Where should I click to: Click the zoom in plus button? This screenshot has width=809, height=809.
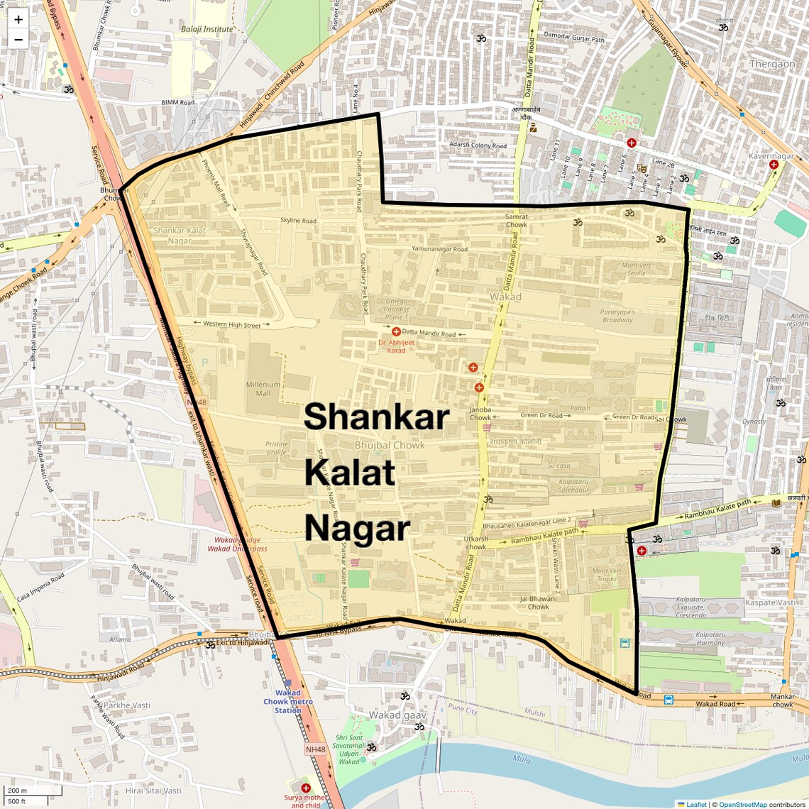pos(18,20)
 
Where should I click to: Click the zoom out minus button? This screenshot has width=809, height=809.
pos(18,40)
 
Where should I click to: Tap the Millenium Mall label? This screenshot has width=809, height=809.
pos(263,389)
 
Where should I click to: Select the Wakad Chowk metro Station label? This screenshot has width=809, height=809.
pos(287,701)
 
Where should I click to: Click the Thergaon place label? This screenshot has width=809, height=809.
pos(772,64)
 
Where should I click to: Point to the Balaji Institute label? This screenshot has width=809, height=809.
pos(207,29)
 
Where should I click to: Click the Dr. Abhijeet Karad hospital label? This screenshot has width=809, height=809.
pos(396,346)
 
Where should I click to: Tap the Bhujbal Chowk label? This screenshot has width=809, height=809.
pos(390,446)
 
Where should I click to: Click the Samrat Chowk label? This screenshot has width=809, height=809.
pos(517,221)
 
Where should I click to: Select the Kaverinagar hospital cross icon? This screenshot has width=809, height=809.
pos(774,165)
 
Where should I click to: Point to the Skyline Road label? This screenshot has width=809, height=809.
pos(298,221)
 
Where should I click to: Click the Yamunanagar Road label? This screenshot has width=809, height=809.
pos(439,249)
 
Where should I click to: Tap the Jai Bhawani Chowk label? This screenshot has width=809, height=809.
pos(538,602)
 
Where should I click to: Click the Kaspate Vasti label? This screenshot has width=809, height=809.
pos(770,602)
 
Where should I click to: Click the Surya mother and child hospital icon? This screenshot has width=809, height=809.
pos(306,788)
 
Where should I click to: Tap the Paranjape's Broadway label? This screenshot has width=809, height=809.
pos(617,316)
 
